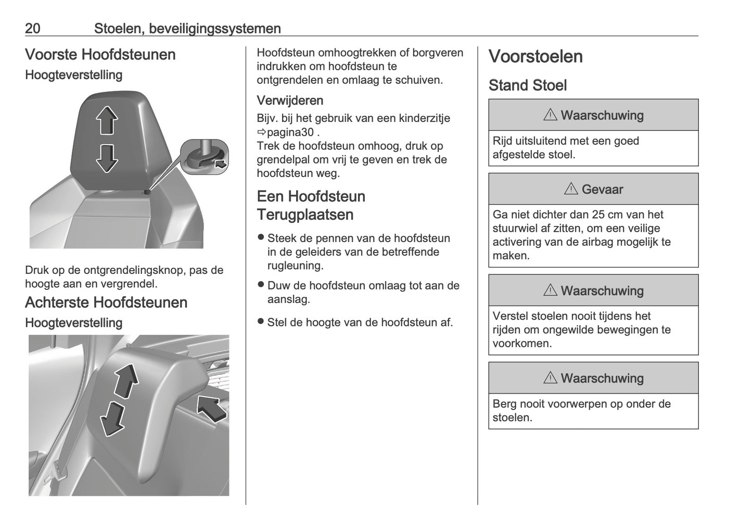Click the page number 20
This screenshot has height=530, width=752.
(33, 28)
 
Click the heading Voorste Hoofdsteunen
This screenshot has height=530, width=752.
(100, 55)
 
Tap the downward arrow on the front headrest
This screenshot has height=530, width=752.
(106, 158)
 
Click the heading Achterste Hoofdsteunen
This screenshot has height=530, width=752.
(106, 302)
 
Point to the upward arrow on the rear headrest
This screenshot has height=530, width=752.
(126, 381)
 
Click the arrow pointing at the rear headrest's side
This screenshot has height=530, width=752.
(212, 408)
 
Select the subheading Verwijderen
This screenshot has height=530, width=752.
(290, 100)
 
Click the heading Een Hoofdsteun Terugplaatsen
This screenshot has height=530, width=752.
(311, 205)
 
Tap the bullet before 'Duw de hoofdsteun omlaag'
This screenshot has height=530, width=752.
(261, 285)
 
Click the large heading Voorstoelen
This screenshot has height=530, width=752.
(536, 57)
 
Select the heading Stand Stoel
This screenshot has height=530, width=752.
(527, 85)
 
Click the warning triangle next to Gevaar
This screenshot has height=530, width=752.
(571, 189)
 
